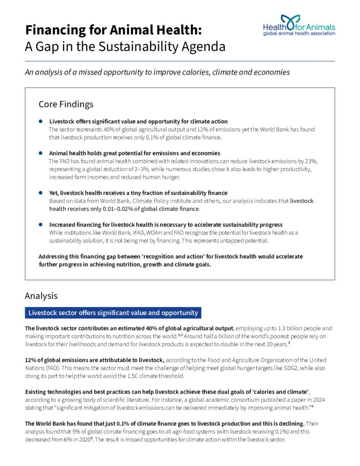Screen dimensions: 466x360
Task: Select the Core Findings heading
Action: [x=66, y=104]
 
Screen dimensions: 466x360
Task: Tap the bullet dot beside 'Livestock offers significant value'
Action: [x=41, y=122]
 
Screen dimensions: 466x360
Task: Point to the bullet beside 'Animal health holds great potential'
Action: [x=41, y=153]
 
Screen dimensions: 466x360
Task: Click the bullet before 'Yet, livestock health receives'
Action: [x=41, y=193]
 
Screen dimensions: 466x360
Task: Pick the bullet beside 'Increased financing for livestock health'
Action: [x=41, y=224]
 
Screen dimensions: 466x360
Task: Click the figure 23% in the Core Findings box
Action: [x=309, y=161]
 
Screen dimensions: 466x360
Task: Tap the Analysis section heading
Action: [x=41, y=296]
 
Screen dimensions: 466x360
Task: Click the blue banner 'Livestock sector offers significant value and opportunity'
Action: [x=113, y=313]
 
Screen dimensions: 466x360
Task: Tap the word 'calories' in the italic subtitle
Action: [x=206, y=72]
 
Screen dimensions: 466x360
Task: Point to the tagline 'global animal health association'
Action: [x=299, y=33]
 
